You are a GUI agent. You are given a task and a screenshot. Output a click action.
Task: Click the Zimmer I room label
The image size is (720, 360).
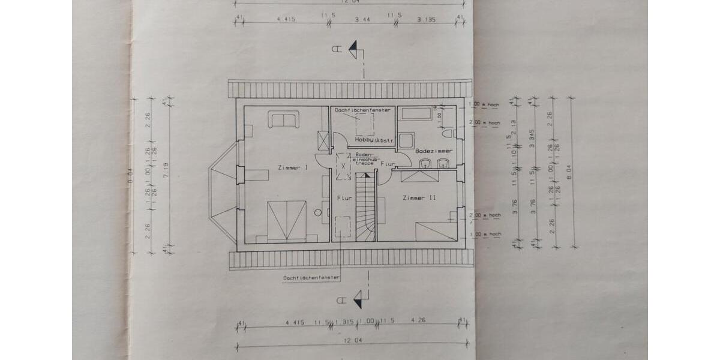[293, 168]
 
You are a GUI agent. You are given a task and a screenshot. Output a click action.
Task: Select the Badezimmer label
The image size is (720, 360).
[433, 151]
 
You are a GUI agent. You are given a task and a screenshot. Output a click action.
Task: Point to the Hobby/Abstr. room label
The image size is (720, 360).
[374, 140]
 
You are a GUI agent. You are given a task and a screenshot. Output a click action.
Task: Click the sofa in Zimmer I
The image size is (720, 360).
[283, 119]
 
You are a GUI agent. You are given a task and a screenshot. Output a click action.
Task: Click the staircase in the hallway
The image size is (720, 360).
[365, 207]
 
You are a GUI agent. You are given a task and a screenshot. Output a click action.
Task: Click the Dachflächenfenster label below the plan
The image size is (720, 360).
[311, 278]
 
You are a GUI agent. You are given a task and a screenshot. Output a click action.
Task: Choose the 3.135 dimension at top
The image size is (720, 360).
[428, 20]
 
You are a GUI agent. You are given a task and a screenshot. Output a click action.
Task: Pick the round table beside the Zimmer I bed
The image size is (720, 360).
[317, 212]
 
